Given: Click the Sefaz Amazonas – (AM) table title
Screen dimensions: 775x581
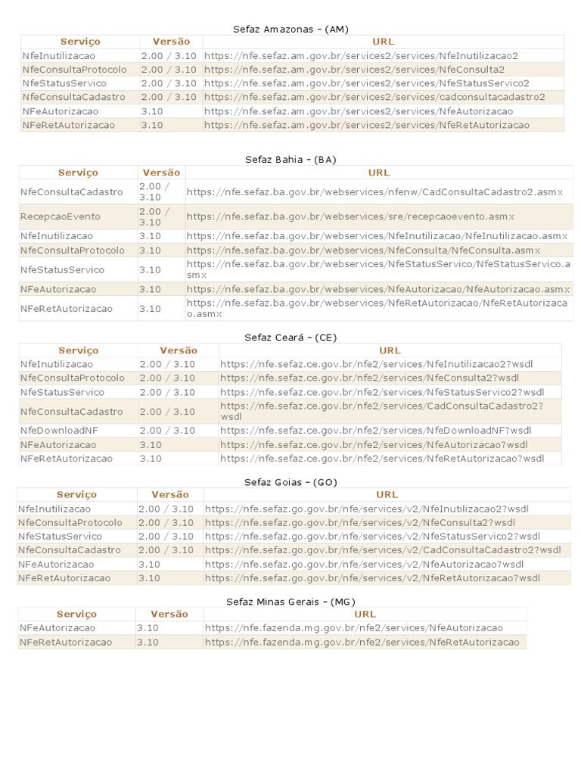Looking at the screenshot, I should coord(290,29).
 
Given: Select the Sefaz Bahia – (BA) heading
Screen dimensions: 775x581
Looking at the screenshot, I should coord(290,160).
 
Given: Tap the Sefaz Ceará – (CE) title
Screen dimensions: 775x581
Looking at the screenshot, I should coord(290,337).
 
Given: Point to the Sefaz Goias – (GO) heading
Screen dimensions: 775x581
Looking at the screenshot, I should coord(290,482).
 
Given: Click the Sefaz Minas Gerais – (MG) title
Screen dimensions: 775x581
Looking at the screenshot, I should coord(290,602).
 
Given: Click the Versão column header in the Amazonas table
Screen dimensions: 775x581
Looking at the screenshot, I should coord(171,42).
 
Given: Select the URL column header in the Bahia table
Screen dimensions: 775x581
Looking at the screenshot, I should coord(378,173).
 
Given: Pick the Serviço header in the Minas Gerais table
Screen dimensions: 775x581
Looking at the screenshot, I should coord(76,614).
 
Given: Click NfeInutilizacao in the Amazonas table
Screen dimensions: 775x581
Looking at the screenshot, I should coord(59,55).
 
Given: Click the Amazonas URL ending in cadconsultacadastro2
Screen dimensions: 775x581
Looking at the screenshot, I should coord(374,97).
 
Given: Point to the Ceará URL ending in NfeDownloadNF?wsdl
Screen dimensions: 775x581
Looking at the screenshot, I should coord(376,431).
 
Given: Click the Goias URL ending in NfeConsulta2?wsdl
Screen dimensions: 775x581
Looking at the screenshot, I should coord(359,522).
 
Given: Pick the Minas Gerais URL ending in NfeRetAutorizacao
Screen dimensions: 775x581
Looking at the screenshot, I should coord(362,642).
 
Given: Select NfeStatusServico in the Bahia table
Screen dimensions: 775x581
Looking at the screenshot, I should coord(62,269).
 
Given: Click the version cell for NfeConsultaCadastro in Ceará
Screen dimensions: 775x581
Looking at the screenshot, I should coord(167,412).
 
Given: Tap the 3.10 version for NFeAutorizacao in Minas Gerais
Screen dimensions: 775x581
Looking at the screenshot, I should coord(148,627).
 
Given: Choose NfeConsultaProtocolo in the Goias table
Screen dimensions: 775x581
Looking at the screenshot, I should coord(70,522).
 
